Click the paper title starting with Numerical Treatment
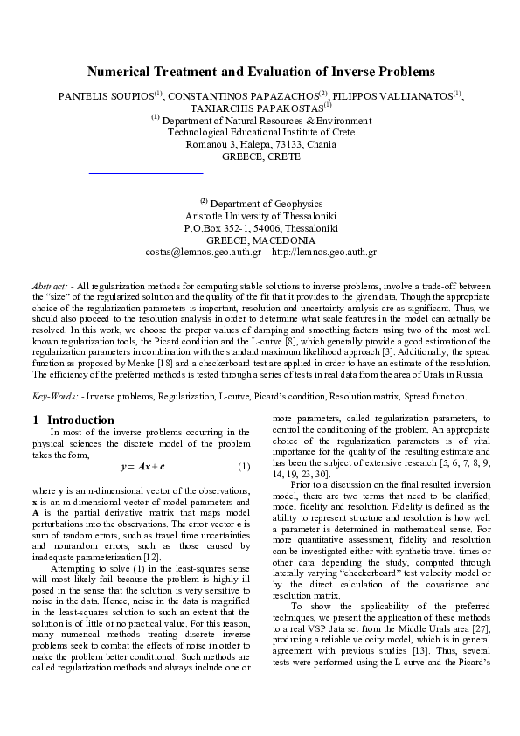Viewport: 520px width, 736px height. pyautogui.click(x=260, y=72)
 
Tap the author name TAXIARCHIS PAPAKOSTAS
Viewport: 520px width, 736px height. pyautogui.click(x=255, y=108)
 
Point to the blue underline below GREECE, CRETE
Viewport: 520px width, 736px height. pyautogui.click(x=146, y=173)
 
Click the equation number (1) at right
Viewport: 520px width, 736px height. pyautogui.click(x=245, y=466)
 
